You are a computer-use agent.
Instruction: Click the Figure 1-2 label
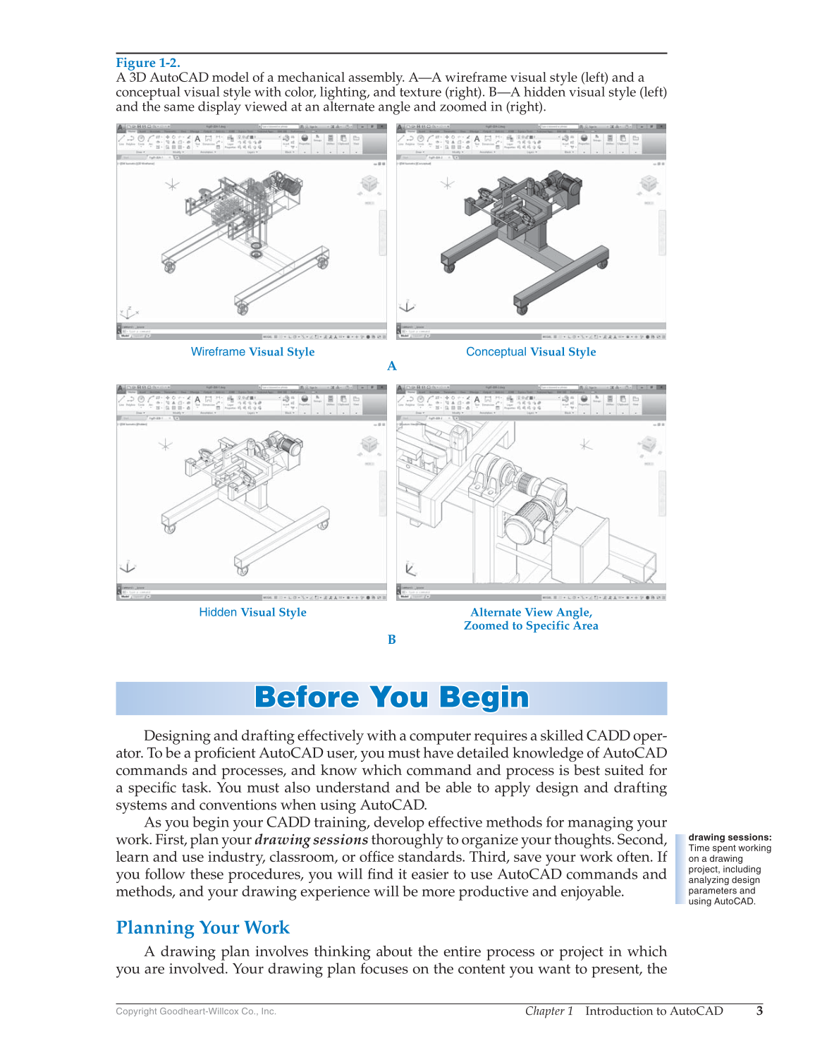[x=148, y=63]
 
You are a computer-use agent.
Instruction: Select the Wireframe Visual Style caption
[x=252, y=352]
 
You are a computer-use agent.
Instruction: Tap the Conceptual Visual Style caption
[x=531, y=352]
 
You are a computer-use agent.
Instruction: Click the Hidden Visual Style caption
[x=252, y=612]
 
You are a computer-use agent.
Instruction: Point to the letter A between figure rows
[x=392, y=366]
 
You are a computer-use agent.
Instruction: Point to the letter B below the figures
[x=392, y=640]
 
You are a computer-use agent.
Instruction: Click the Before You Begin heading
[x=391, y=697]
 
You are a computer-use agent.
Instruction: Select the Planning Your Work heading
[x=203, y=927]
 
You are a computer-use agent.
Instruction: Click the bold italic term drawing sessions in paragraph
[x=311, y=840]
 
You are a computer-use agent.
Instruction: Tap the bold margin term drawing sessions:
[x=730, y=838]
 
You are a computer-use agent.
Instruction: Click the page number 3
[x=759, y=1011]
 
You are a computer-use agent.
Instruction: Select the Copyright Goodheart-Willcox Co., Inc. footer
[x=196, y=1011]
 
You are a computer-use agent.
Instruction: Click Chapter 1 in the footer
[x=549, y=1011]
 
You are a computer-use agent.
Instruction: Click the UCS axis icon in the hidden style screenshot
[x=128, y=567]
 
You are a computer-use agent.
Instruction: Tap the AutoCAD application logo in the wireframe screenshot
[x=121, y=128]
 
